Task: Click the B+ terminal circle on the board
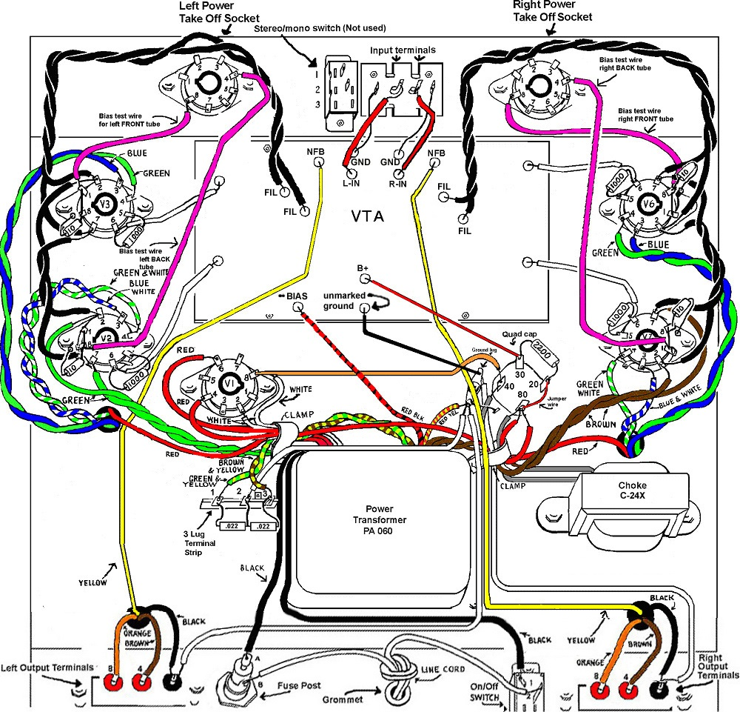pos(364,279)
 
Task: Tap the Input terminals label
pos(403,50)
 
